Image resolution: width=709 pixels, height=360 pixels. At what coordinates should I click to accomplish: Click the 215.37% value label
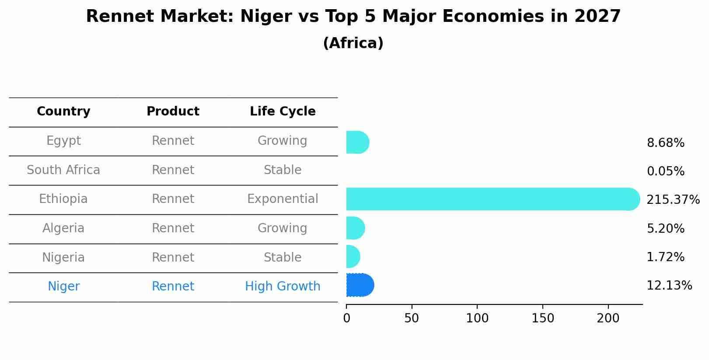673,200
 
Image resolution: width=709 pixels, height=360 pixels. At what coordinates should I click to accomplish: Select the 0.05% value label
665,171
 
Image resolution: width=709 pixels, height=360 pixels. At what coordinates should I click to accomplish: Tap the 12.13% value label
669,286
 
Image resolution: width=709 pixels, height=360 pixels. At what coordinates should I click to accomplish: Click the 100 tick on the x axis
477,318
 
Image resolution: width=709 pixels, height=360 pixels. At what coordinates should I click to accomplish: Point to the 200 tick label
608,318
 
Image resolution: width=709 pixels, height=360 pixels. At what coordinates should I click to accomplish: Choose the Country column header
63,112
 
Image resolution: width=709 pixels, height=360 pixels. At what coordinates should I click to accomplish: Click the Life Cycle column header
283,112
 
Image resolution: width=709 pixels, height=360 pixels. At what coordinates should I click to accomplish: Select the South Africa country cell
63,170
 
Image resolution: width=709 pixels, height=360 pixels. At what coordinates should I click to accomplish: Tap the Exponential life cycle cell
283,199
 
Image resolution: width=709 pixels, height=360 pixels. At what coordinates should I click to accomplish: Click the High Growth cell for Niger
283,287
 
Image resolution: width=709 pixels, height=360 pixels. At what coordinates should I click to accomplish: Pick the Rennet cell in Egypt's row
173,141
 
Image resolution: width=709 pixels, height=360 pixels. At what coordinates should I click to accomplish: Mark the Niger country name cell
63,287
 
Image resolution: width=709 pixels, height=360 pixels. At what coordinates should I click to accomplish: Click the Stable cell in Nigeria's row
283,257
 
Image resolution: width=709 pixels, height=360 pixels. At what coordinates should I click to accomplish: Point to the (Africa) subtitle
353,43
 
